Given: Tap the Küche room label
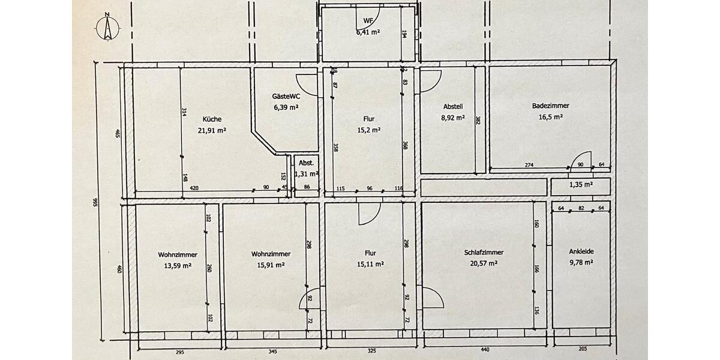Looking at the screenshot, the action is pos(212,119).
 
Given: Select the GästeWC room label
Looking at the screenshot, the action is pos(286,96).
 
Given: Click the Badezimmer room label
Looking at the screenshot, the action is pos(550,106).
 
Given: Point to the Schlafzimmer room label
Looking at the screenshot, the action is pos(484,253).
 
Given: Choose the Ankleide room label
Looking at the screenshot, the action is pos(581,251).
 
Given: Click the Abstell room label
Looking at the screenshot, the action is pos(453,106).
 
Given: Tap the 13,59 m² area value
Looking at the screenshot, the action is pos(178,266).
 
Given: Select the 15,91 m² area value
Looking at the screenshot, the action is pos(271,265).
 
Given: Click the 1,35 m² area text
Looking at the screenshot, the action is pos(581,185).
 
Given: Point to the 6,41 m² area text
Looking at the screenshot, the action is pos(368,32).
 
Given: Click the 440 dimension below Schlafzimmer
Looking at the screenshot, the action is pos(485,350).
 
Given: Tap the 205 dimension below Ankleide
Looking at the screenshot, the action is pos(583,349).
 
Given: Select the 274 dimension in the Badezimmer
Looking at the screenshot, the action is pos(529,165).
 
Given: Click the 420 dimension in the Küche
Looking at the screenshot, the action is pos(194,188).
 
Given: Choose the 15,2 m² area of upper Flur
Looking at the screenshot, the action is pos(369,130).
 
